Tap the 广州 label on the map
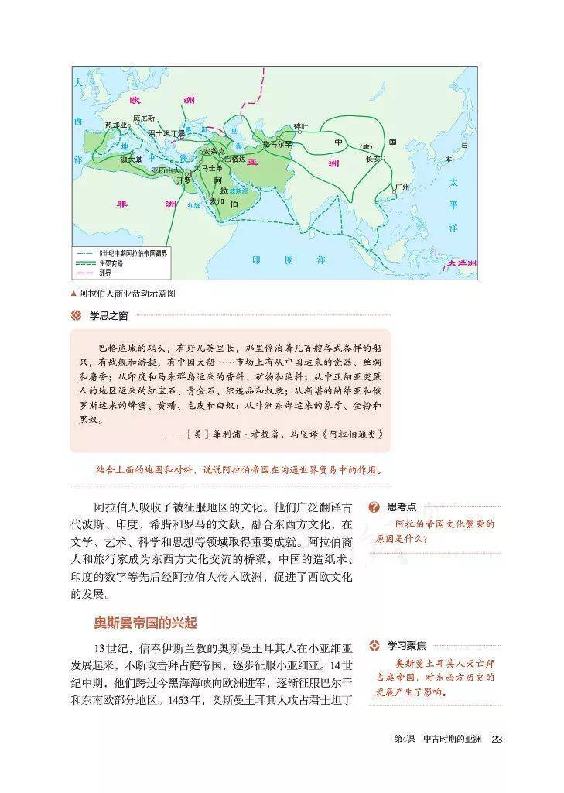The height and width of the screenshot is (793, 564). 400,187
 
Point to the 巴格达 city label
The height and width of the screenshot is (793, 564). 234,159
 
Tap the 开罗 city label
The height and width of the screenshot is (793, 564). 183,180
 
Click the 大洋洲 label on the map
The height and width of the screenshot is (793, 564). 461,264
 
